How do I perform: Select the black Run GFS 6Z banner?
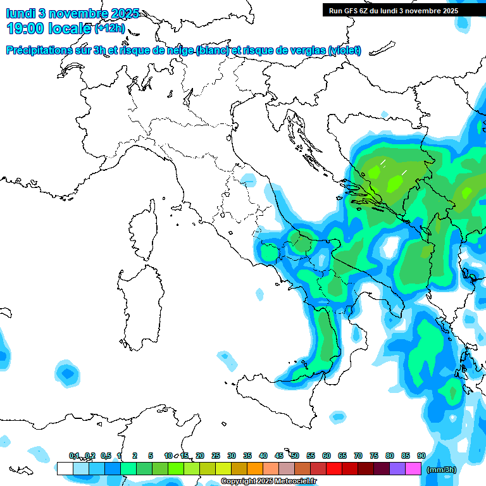click(x=402, y=10)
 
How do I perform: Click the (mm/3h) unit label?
click(x=441, y=470)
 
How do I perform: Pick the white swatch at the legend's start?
click(x=65, y=469)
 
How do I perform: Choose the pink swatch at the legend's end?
click(x=413, y=469)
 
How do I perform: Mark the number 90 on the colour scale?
click(x=421, y=456)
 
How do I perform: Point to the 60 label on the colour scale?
click(x=327, y=456)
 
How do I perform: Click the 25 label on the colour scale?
click(x=216, y=456)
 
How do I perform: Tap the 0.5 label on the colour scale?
click(x=106, y=456)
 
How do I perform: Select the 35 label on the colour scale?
click(x=247, y=456)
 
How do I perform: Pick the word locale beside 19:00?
click(x=70, y=28)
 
